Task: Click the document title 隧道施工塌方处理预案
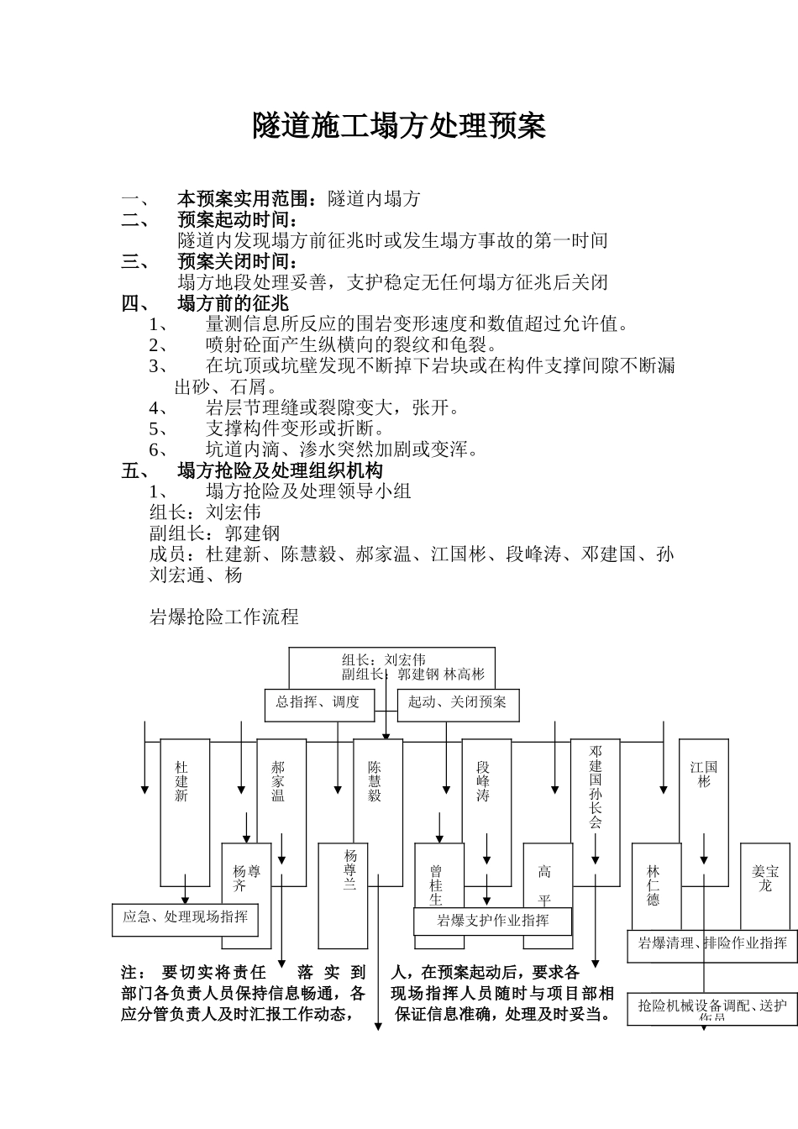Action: [399, 126]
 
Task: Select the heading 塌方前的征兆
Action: [233, 303]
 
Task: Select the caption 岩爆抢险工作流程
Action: [223, 617]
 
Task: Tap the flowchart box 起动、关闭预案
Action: [457, 702]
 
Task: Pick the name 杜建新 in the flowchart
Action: [181, 781]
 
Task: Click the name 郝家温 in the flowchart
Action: [278, 781]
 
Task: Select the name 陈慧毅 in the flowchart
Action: [375, 781]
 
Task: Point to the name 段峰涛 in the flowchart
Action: [483, 781]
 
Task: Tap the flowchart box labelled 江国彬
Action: [704, 774]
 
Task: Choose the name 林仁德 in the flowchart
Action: [654, 885]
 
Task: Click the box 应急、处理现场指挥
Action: [185, 917]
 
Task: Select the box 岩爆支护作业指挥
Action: [493, 921]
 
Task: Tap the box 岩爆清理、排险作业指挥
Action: [712, 943]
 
